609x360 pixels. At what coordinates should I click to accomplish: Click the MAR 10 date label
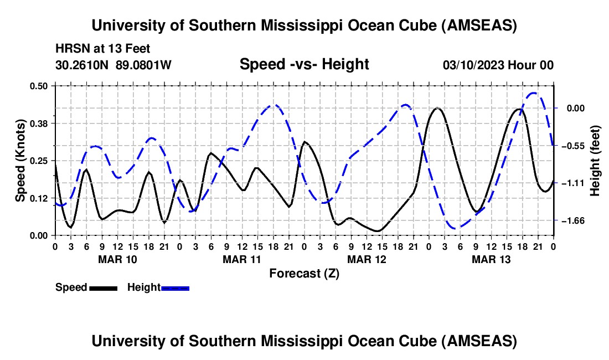coord(118,259)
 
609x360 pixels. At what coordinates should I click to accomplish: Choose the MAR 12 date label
coord(367,259)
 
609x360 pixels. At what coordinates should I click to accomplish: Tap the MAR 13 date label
coord(491,259)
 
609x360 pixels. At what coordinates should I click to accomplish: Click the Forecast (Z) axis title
coord(304,273)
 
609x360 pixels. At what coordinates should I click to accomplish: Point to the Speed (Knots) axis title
coord(20,160)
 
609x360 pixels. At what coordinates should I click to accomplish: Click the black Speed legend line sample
coord(103,287)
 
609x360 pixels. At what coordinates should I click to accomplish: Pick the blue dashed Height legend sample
coord(175,287)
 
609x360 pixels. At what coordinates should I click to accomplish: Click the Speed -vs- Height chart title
coord(304,64)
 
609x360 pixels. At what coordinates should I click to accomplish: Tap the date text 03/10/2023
coord(472,65)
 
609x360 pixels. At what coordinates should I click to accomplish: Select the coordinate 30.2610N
coord(83,65)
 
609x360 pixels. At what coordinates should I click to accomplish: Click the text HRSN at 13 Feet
coord(102,49)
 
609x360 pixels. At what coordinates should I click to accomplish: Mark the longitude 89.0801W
coord(143,65)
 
